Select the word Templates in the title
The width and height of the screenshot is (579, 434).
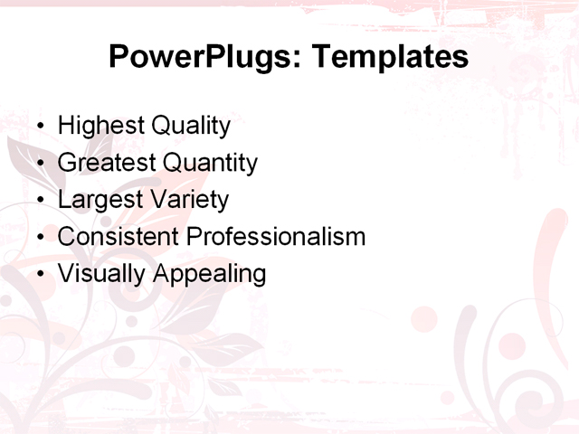tap(390, 57)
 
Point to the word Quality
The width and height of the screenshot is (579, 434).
tap(191, 127)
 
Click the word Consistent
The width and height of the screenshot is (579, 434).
tap(119, 237)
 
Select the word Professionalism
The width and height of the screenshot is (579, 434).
tap(276, 237)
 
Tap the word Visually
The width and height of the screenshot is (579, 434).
tap(101, 274)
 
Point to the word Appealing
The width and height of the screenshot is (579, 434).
tap(210, 274)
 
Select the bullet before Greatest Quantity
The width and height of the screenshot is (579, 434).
tap(38, 164)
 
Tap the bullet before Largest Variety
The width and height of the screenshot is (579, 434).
tap(38, 201)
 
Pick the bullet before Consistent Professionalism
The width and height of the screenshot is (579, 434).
tap(38, 238)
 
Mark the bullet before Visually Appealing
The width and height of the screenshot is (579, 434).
tap(38, 274)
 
